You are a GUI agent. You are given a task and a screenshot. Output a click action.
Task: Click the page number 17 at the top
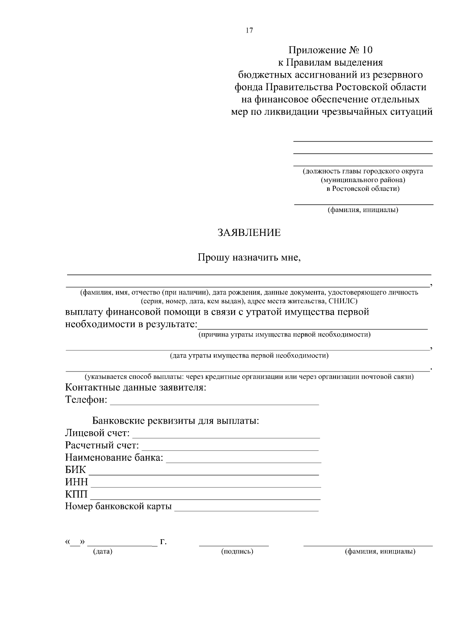click(x=249, y=31)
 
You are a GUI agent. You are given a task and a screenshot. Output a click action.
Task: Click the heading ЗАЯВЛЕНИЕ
click(x=249, y=233)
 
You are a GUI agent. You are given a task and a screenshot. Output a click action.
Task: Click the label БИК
click(x=75, y=470)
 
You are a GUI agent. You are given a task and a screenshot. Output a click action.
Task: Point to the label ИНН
click(x=76, y=482)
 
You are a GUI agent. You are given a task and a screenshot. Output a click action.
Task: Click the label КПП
click(x=76, y=495)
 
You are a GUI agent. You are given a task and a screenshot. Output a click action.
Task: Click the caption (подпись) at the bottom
click(x=237, y=552)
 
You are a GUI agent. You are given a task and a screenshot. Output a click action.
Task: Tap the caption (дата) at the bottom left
click(x=103, y=552)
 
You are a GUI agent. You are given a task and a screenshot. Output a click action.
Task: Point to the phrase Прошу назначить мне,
click(x=249, y=258)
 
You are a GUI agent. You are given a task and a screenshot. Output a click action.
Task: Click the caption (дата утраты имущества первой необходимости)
click(x=249, y=356)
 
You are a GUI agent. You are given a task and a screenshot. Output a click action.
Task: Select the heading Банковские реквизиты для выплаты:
click(x=176, y=421)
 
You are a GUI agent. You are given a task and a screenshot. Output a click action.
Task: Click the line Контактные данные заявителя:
click(x=136, y=388)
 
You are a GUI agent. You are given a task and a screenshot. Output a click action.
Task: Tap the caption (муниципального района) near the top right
click(x=363, y=180)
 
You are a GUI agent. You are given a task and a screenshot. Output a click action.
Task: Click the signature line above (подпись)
click(x=234, y=545)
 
